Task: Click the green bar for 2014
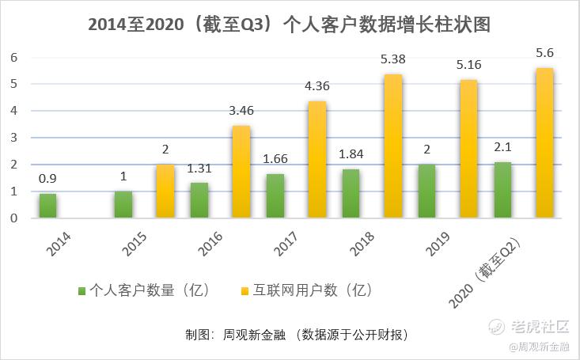48,206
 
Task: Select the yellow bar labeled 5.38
393,146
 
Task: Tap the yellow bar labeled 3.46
241,172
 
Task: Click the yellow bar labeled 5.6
544,143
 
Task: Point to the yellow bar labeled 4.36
317,160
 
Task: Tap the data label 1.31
200,168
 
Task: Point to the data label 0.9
48,179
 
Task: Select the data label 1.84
352,153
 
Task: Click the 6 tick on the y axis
13,57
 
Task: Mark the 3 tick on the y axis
13,138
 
